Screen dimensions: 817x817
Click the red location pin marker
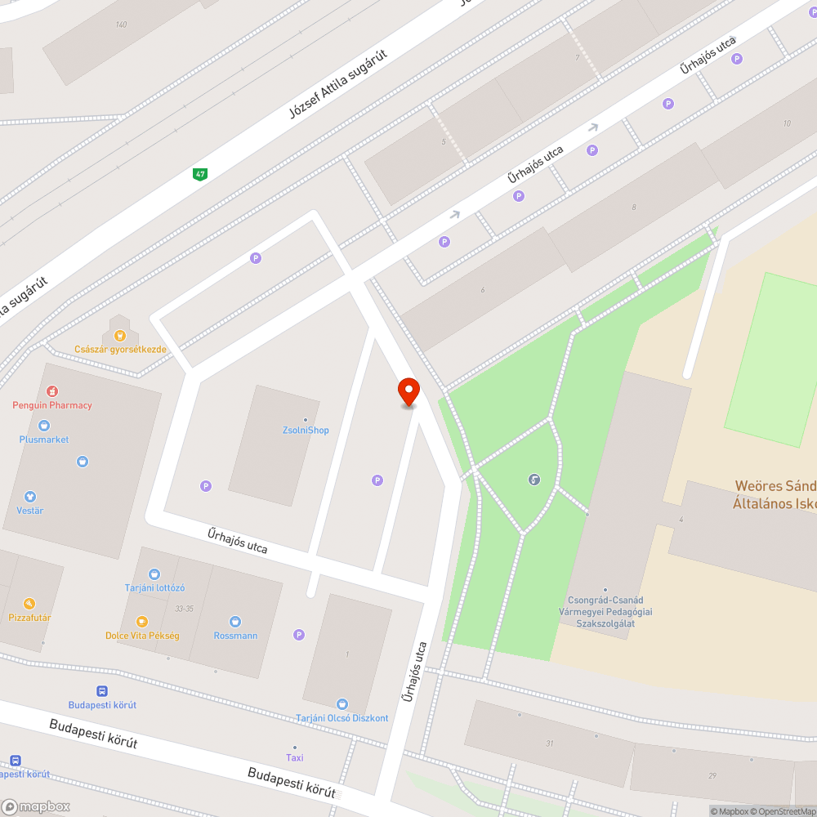click(408, 391)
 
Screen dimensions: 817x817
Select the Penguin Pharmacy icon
click(52, 391)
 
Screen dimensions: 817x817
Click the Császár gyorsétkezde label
click(120, 349)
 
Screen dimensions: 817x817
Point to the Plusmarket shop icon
click(44, 426)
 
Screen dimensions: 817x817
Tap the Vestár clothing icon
click(30, 497)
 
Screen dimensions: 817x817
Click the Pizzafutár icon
click(29, 604)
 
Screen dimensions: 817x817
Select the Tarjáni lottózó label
click(154, 587)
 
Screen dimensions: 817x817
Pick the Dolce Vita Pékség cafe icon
click(142, 622)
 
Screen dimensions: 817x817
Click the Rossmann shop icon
click(235, 622)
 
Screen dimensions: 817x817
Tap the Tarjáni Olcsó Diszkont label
click(342, 718)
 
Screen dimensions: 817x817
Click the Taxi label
click(295, 757)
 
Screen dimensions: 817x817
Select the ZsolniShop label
click(306, 430)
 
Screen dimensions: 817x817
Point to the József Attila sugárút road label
click(337, 84)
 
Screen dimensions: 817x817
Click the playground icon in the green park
click(534, 480)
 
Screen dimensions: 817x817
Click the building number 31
click(550, 743)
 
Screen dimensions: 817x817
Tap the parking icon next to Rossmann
click(299, 635)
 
